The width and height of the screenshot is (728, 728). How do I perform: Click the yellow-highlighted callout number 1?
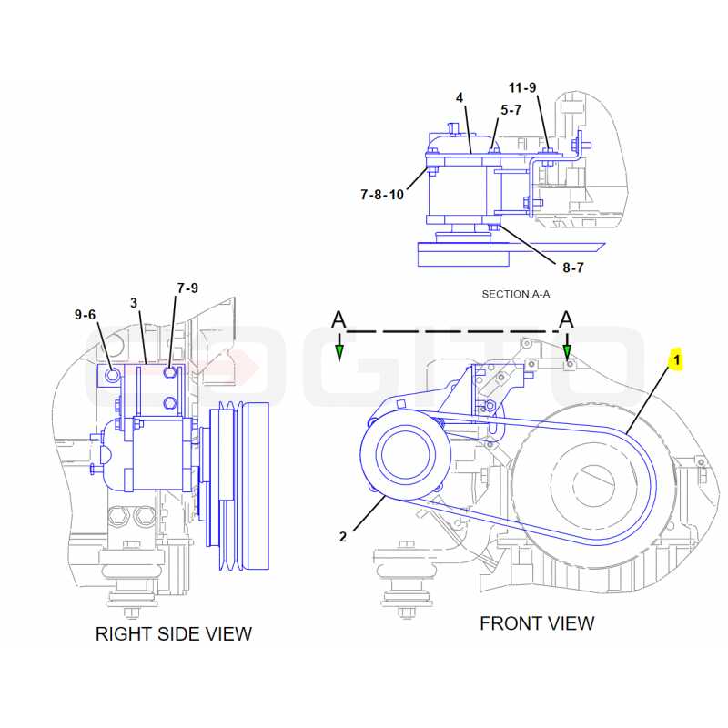[676, 359]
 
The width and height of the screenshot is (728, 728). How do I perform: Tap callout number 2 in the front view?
[343, 537]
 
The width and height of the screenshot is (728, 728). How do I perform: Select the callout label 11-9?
[522, 87]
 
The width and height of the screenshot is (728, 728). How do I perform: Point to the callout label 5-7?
[511, 110]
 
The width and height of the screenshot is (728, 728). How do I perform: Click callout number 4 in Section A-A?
[460, 97]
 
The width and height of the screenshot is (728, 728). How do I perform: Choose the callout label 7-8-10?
[382, 195]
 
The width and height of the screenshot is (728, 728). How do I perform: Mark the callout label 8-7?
[573, 268]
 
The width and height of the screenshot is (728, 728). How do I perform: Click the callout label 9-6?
[85, 315]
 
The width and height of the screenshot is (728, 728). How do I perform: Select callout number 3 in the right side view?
[134, 303]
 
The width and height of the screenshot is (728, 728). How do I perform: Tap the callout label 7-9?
[187, 288]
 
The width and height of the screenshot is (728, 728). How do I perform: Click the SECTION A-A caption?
[516, 294]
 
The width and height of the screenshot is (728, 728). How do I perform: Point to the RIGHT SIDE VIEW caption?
[174, 633]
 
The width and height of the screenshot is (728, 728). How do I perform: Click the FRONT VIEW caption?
[537, 623]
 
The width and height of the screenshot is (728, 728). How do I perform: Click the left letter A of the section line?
[339, 320]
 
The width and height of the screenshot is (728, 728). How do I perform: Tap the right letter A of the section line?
[566, 320]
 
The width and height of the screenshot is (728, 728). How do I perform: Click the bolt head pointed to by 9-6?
[112, 375]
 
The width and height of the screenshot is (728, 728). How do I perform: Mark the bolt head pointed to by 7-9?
[170, 372]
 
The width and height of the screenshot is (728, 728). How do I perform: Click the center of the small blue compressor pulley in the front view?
[405, 453]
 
